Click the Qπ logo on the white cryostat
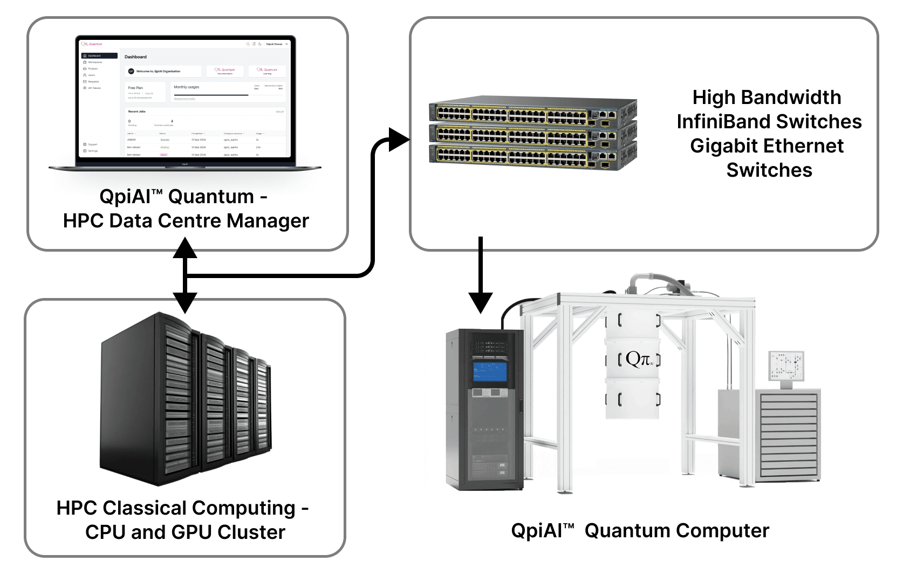[638, 359]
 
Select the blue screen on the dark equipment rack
[490, 372]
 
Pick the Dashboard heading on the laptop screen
[135, 57]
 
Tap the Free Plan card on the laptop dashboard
[144, 91]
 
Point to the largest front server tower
[148, 399]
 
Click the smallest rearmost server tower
[263, 404]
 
